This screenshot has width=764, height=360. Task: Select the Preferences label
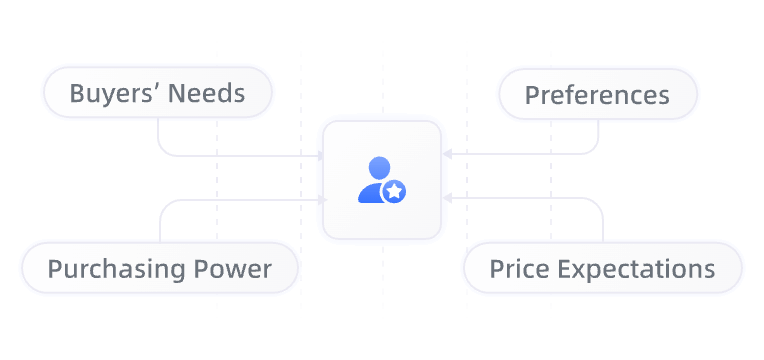(x=597, y=95)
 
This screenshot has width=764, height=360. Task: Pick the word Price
(x=518, y=269)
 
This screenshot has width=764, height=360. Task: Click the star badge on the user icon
(x=395, y=190)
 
